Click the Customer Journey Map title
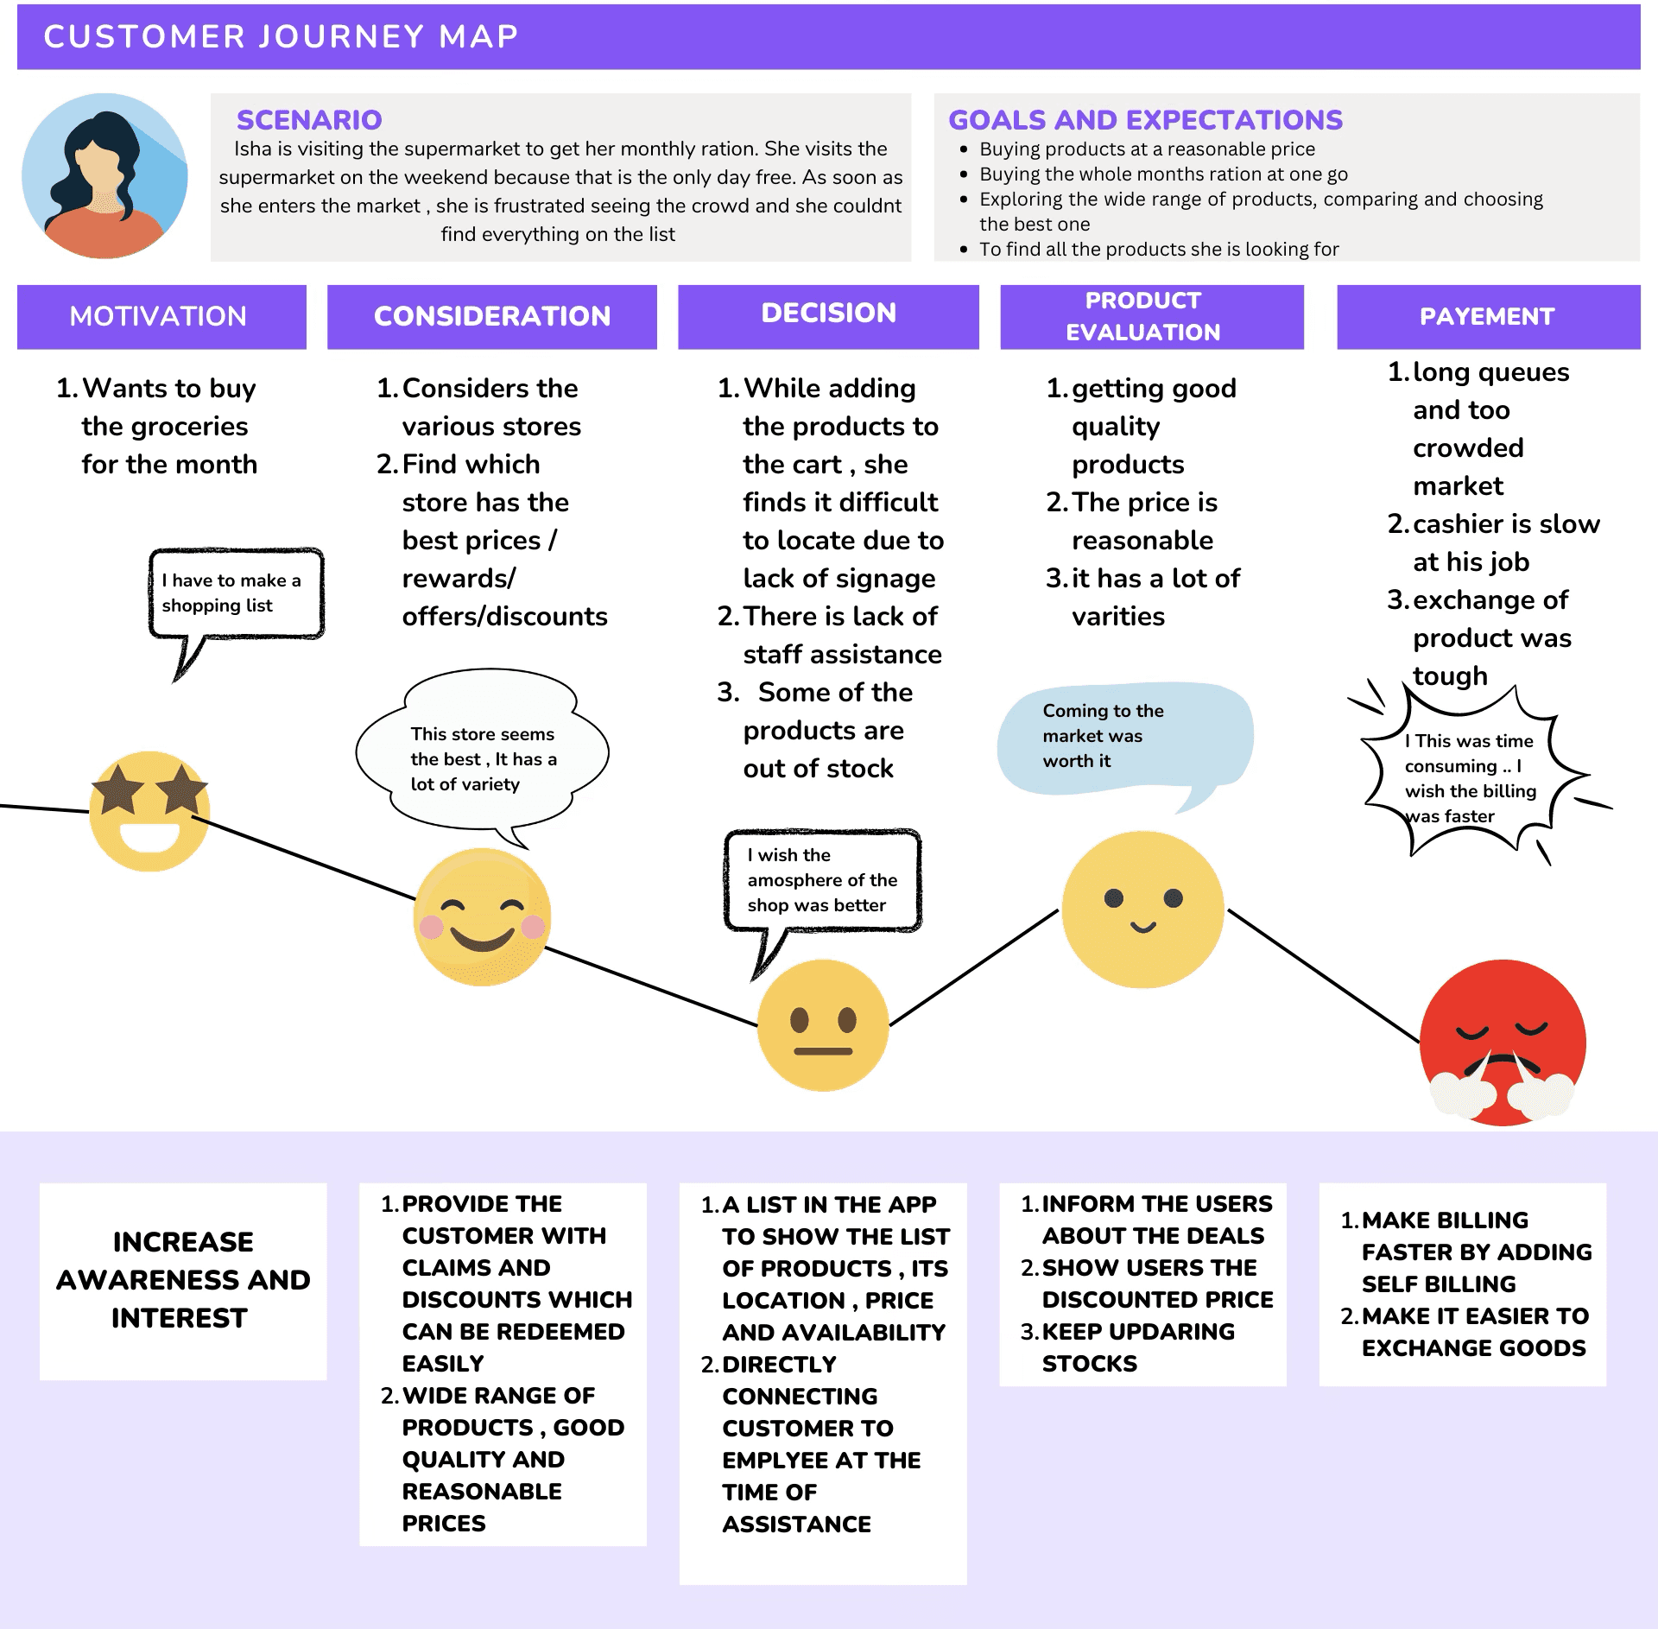(281, 36)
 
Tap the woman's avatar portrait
(104, 176)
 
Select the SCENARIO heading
(309, 119)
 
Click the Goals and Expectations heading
(1145, 119)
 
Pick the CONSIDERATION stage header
(491, 316)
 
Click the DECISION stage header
(828, 314)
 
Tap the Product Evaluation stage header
(1142, 316)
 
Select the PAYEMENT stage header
(1487, 316)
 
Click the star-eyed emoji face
(149, 811)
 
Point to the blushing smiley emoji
(482, 917)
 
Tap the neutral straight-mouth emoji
(823, 1025)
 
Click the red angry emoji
(1503, 1043)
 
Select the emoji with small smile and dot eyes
(1142, 910)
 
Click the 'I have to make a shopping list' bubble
(235, 593)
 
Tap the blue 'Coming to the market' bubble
(1123, 737)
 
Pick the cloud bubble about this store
(483, 759)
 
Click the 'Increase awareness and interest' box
(183, 1280)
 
